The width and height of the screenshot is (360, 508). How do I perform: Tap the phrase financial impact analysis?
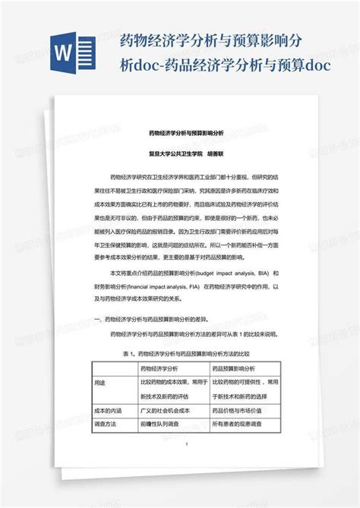(163, 287)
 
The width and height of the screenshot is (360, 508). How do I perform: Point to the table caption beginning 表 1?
(181, 352)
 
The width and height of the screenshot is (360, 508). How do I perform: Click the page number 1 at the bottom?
(196, 444)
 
